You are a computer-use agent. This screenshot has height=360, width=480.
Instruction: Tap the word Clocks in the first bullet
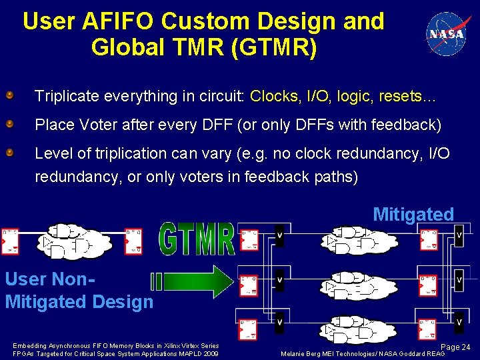(x=274, y=96)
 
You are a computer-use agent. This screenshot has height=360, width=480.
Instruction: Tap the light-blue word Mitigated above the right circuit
(x=413, y=215)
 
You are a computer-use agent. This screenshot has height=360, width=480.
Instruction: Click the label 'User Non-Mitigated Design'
(x=79, y=291)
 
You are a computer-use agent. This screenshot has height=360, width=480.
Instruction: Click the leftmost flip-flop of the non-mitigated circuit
(x=10, y=241)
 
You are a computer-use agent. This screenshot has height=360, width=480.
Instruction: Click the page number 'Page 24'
(x=456, y=347)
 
